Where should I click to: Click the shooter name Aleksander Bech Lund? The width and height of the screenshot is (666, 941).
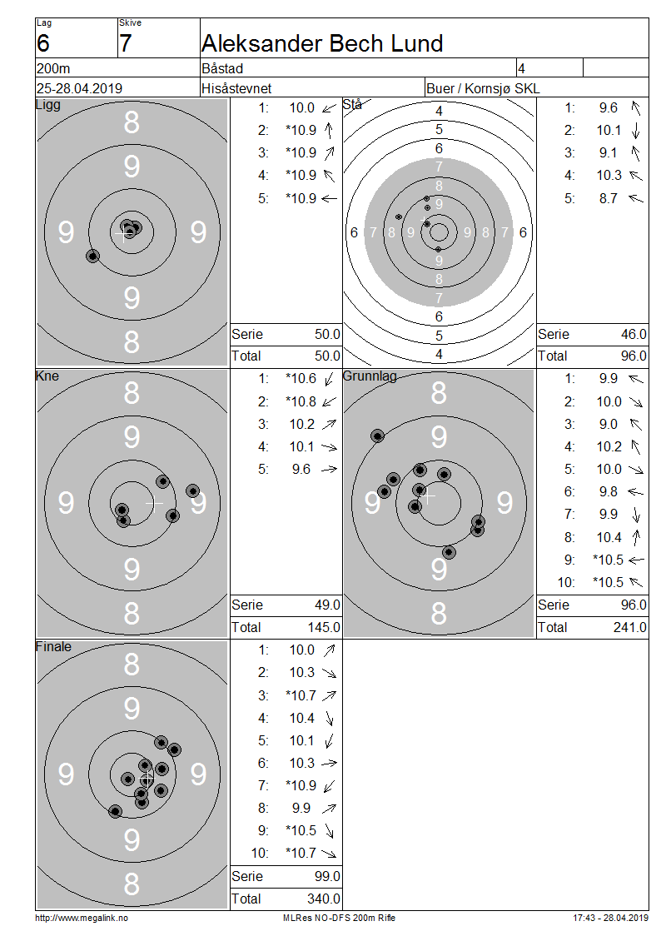(322, 43)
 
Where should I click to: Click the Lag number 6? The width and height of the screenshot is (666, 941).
(43, 44)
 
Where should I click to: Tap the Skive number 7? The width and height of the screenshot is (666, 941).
(125, 44)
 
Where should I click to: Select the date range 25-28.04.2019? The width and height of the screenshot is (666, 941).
(79, 88)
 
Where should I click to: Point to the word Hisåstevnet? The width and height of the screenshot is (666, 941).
(236, 88)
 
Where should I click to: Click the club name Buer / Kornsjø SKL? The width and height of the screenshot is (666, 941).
(483, 88)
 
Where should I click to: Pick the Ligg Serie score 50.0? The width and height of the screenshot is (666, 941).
(327, 334)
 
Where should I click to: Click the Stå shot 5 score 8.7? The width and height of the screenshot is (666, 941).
(609, 198)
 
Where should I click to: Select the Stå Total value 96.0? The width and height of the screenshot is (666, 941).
(634, 356)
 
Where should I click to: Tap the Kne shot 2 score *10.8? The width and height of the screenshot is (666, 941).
(301, 401)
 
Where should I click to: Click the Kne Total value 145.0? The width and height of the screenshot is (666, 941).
(324, 627)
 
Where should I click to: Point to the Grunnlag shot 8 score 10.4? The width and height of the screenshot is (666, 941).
(609, 537)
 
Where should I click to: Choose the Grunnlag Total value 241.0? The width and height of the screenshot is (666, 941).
(630, 627)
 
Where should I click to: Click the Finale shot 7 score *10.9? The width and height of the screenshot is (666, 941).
(301, 785)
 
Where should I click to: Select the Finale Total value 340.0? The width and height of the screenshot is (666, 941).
(324, 899)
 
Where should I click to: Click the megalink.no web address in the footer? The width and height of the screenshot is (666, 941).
(82, 918)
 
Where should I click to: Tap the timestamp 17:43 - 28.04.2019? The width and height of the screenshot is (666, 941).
(611, 918)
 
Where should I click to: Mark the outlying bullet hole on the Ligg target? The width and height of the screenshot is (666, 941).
(92, 256)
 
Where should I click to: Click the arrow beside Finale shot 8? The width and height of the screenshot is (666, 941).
(329, 809)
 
